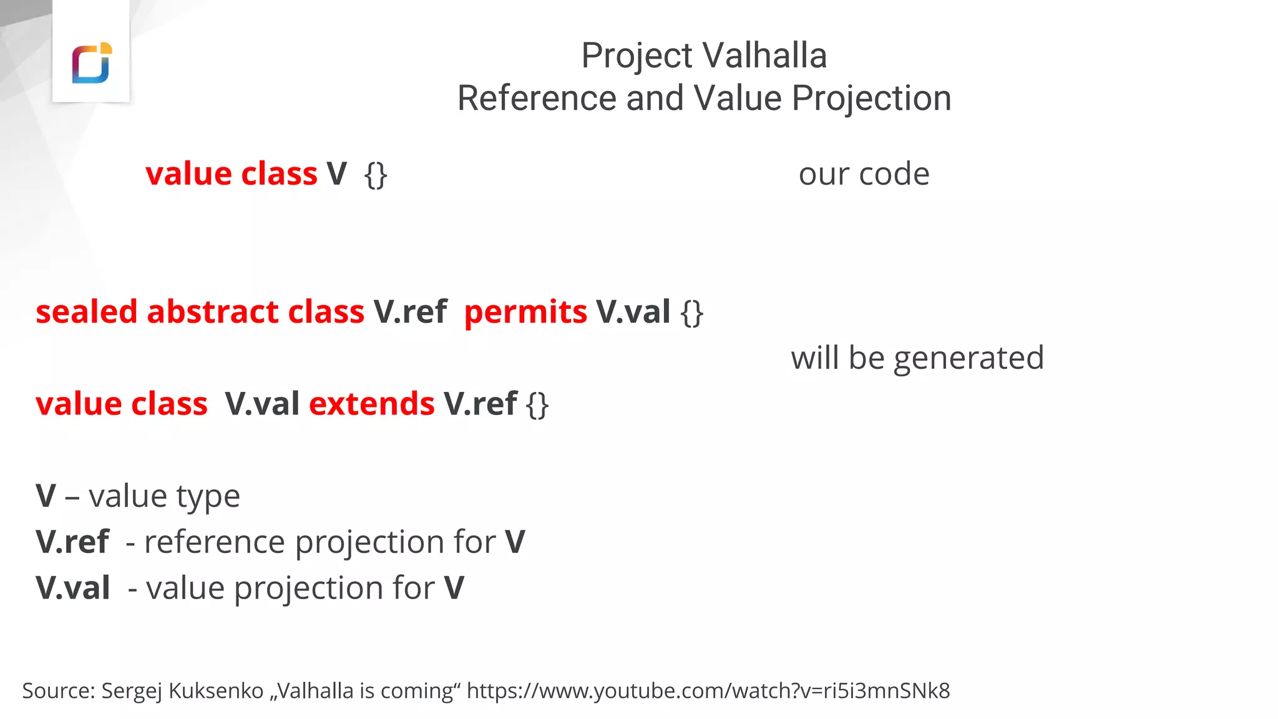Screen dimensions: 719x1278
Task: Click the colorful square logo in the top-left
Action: click(91, 63)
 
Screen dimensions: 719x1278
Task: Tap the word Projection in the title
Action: click(871, 98)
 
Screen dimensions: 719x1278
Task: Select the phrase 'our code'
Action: click(864, 174)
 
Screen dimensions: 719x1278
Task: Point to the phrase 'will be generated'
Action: click(917, 358)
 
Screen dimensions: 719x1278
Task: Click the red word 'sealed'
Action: click(87, 311)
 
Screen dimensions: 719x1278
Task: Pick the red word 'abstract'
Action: click(212, 311)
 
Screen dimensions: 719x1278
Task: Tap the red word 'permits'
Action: click(525, 311)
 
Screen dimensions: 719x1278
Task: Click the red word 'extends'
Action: click(371, 404)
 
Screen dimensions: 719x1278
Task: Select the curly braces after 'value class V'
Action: click(376, 175)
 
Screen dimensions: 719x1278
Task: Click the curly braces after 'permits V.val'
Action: click(692, 313)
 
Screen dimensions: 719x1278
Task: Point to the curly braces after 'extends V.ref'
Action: click(537, 404)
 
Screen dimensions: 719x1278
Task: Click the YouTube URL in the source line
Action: click(708, 691)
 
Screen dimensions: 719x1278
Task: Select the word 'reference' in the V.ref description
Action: click(214, 542)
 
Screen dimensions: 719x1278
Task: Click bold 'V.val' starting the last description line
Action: click(73, 588)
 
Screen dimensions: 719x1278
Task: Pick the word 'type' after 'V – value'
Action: click(208, 497)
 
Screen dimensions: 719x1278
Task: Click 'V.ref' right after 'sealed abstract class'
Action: click(410, 311)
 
